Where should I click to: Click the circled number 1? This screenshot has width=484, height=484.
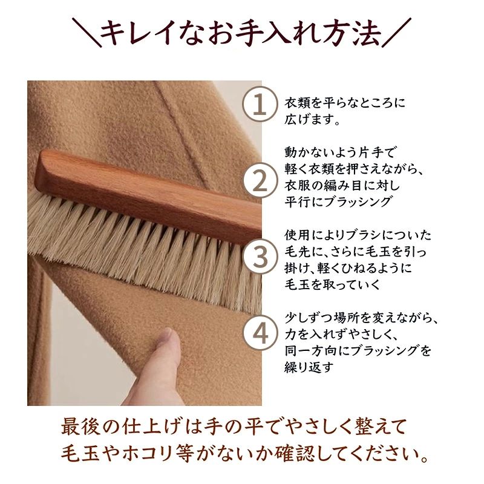(x=260, y=104)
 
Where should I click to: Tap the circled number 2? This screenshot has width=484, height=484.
(x=260, y=181)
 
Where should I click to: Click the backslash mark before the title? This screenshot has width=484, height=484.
(x=87, y=33)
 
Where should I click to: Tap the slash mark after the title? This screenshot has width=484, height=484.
(x=397, y=33)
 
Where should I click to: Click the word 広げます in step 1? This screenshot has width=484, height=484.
(x=309, y=119)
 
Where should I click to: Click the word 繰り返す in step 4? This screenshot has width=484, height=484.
(x=309, y=367)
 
